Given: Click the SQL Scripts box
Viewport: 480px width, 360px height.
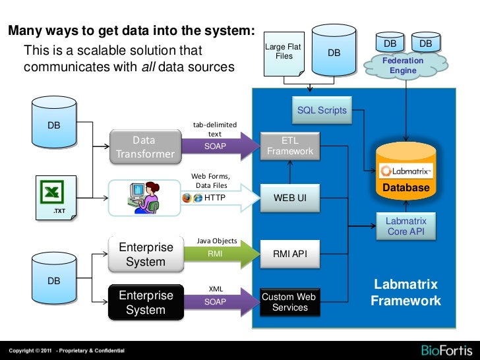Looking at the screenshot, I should click(321, 110).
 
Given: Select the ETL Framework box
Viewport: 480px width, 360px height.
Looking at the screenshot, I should click(290, 146).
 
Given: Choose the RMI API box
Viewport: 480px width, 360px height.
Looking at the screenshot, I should click(290, 253).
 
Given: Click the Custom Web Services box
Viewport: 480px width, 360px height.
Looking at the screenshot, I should click(290, 302).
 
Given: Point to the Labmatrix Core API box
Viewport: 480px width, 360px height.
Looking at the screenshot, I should click(405, 226).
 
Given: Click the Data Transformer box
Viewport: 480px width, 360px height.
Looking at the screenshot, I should click(144, 147).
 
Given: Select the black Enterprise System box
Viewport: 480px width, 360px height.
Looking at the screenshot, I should click(145, 303).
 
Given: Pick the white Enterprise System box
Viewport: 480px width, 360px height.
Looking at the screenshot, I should click(145, 255).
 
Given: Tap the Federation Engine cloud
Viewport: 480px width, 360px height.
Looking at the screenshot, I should click(403, 65).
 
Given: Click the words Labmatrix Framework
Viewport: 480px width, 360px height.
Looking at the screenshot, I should click(405, 293).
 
